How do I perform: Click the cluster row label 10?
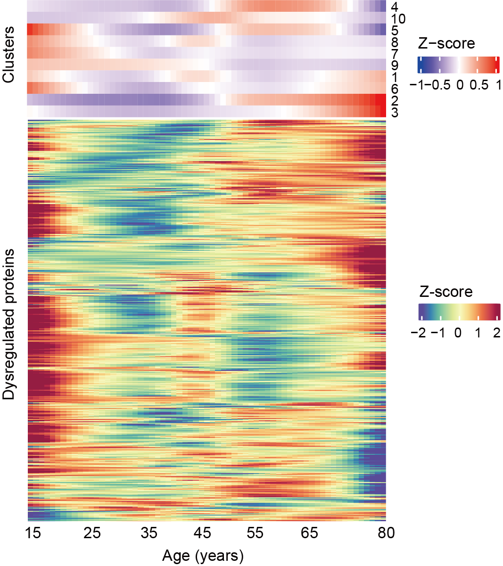click(398, 19)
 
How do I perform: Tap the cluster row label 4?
click(394, 8)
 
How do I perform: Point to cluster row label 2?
click(394, 101)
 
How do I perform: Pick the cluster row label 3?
click(394, 113)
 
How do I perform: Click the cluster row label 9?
click(394, 66)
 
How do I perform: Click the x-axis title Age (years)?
click(203, 556)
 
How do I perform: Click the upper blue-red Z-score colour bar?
click(458, 65)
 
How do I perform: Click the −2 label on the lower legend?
click(419, 333)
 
